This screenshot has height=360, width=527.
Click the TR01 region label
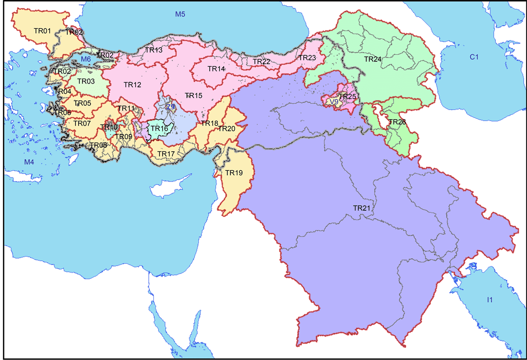coord(43,31)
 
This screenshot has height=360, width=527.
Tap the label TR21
coord(362,208)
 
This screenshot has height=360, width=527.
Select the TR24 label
coord(373,59)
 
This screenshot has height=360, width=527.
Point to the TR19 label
coord(234,173)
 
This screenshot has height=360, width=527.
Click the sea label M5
coord(180,14)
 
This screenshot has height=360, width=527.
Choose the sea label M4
coord(29,162)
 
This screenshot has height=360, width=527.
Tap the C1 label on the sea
coord(474,57)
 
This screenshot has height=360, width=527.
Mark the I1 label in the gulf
coord(489,300)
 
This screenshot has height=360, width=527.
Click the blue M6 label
coord(86,59)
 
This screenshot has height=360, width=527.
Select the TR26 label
coord(397,122)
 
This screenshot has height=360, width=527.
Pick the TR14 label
coord(216,69)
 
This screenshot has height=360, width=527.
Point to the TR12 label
coord(132,85)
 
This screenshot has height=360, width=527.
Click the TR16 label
coord(160,129)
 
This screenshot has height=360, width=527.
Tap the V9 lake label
coord(334,102)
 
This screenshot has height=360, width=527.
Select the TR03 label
coord(86,81)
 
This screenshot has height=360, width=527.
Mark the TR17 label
coord(166,154)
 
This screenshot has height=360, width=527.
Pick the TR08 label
coord(98,145)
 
